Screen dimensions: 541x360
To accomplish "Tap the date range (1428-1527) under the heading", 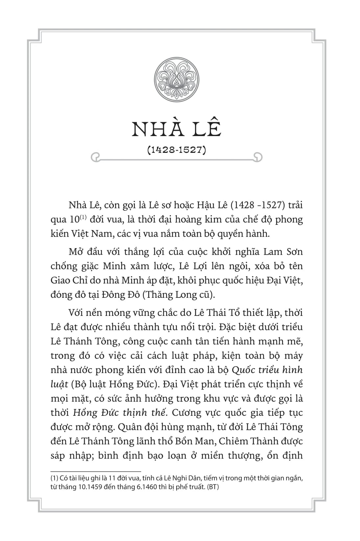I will click(x=177, y=150).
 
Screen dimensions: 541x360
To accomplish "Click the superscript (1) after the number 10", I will click(x=82, y=217).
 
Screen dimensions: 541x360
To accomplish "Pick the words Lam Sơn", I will click(x=283, y=252).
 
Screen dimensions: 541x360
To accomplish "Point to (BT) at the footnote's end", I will click(x=213, y=487).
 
